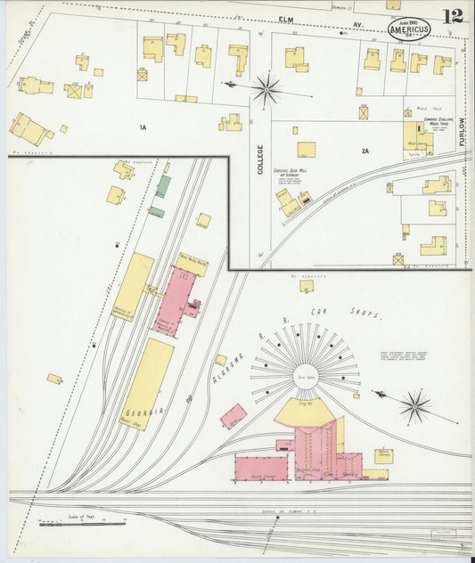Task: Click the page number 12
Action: (x=454, y=15)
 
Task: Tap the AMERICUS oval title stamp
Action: (x=409, y=29)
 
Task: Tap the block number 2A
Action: (x=364, y=151)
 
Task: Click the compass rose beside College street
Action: (x=266, y=88)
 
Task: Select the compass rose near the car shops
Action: (x=414, y=406)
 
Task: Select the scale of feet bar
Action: (x=70, y=523)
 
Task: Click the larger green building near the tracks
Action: (x=163, y=186)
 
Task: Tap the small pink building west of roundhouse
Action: (x=233, y=415)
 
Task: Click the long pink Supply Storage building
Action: (x=262, y=468)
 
